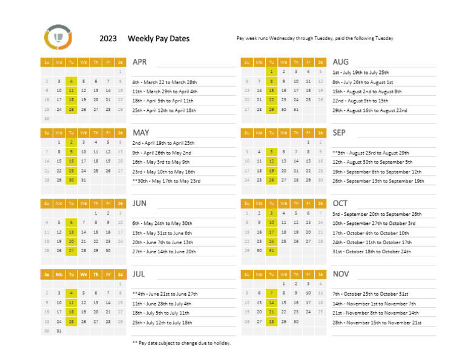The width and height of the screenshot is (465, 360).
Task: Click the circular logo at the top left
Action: pos(59,38)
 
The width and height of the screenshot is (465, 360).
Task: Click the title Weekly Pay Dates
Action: pos(158,39)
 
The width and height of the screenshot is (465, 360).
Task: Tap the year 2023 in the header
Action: pos(108,39)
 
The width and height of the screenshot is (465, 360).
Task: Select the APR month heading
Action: pos(140,62)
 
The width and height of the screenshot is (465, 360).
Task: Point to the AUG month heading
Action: pos(340,62)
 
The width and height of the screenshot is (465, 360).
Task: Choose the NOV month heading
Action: pos(341,274)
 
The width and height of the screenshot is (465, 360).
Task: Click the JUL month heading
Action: pos(139,274)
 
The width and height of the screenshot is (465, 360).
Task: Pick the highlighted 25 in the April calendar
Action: pos(71,110)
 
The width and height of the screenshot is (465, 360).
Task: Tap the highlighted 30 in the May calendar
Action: pos(71,180)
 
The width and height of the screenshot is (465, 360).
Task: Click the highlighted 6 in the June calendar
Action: pos(71,222)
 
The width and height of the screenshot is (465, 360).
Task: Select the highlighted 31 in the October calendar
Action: pos(271,250)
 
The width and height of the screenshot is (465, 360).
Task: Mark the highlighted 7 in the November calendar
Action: pos(271,293)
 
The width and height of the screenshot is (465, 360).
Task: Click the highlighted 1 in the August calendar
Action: pos(271,72)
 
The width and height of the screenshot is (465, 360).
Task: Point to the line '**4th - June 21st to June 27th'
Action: pos(165,293)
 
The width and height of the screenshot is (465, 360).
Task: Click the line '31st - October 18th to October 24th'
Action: pos(371,252)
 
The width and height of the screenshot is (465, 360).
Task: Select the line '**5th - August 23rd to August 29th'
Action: pos(371,153)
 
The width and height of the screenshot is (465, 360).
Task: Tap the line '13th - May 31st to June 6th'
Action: pos(162,233)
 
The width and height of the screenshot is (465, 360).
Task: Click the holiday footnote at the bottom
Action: pos(181,342)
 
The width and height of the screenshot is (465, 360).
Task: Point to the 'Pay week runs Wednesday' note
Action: pos(315,38)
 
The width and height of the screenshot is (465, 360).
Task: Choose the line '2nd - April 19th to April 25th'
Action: pos(163,143)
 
